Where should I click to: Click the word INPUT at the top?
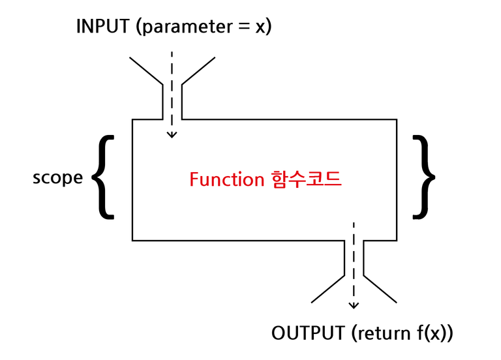[102, 26]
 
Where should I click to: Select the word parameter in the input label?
[188, 27]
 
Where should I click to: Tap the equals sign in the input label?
[244, 27]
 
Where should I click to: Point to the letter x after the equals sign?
[260, 28]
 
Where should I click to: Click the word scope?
[57, 178]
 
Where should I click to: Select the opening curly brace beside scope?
[103, 177]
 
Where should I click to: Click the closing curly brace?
[424, 177]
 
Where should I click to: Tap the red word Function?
[226, 179]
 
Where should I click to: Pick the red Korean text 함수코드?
[306, 179]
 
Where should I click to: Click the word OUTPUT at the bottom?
[308, 333]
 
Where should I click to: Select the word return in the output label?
[384, 334]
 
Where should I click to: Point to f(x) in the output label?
[431, 334]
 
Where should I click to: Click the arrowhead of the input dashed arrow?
[172, 135]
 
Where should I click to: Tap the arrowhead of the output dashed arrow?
[354, 306]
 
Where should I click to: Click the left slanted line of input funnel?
[146, 71]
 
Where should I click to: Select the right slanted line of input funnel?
[198, 71]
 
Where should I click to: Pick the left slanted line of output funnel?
[328, 289]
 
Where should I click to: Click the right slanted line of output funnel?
[380, 289]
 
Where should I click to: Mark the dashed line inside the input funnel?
[172, 93]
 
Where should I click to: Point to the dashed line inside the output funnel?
[354, 263]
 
